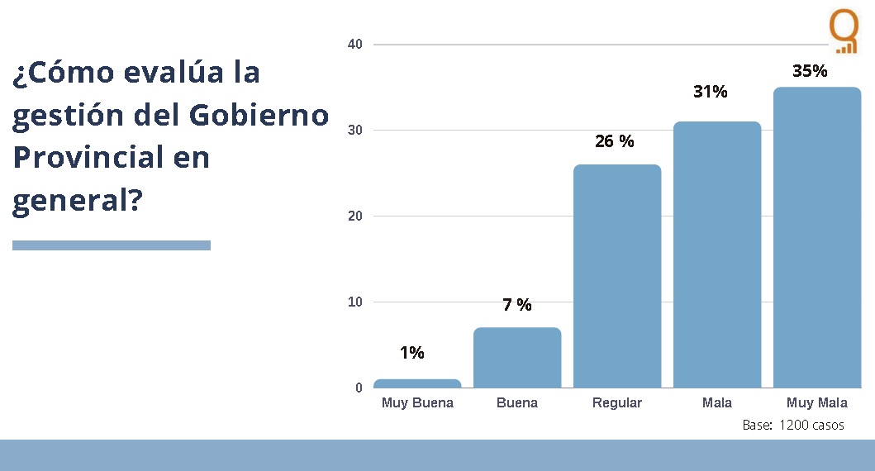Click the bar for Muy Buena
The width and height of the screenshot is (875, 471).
tap(417, 383)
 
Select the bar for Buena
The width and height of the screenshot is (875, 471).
tap(517, 358)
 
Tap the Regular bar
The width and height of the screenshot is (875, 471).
tap(617, 276)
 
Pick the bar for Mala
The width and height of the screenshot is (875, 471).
tap(717, 255)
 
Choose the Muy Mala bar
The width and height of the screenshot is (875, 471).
tap(817, 237)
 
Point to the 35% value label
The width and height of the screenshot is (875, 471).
tap(810, 71)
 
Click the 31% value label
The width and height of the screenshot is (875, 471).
tap(711, 92)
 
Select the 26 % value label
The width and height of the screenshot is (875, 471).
tap(615, 141)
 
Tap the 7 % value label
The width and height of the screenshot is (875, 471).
tap(517, 305)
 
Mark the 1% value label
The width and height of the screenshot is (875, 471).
tap(411, 353)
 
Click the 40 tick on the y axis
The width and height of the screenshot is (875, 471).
tap(355, 44)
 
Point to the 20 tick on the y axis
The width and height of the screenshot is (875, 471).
tap(355, 216)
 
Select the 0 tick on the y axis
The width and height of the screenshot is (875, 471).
tap(359, 388)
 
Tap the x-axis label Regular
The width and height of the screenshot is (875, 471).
tap(617, 403)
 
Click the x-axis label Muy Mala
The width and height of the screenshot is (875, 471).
tap(817, 403)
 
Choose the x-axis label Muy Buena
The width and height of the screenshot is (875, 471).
tap(417, 403)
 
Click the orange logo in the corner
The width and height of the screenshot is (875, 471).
tap(844, 31)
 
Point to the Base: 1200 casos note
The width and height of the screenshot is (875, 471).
tap(793, 426)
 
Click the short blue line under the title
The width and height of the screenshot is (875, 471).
tap(112, 245)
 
